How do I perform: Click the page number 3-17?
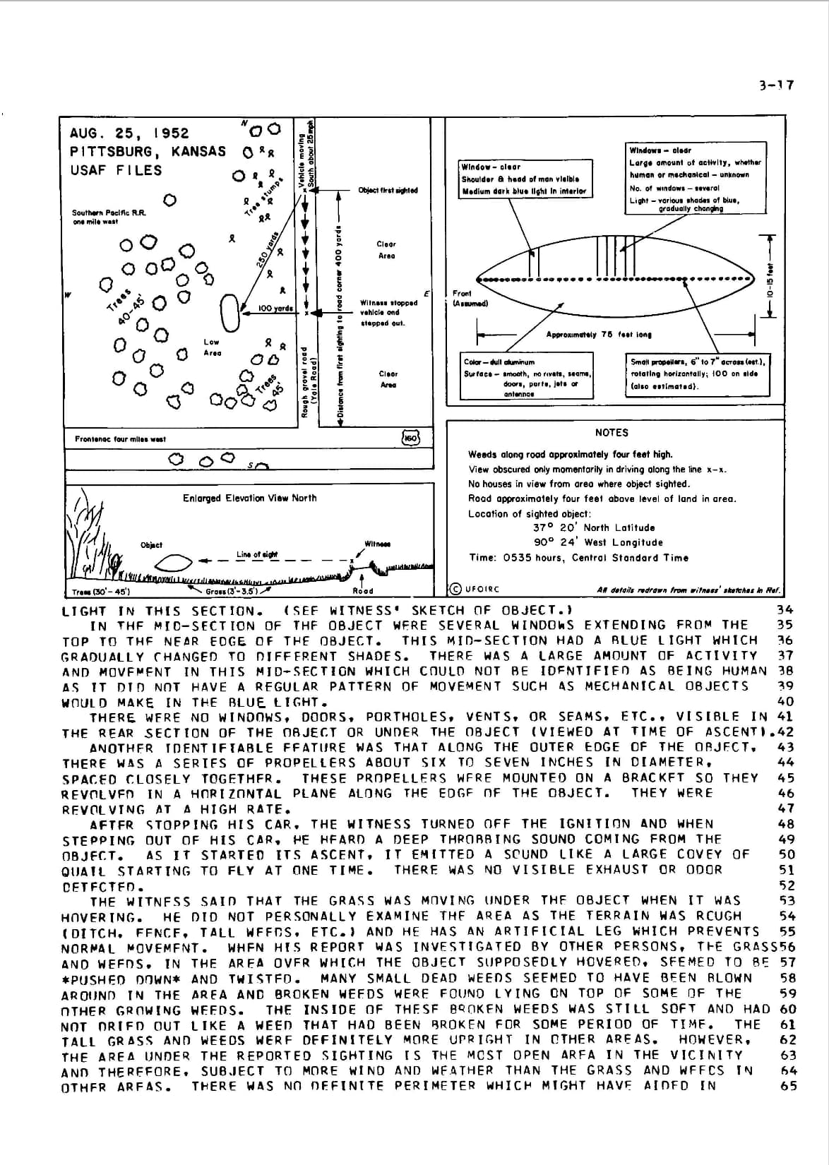point(777,85)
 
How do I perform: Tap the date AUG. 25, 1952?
point(129,133)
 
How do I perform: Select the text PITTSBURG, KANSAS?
point(148,151)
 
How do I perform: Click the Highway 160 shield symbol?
point(410,438)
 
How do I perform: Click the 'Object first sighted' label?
point(388,190)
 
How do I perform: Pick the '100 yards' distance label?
point(275,309)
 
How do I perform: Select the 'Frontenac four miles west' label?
point(120,439)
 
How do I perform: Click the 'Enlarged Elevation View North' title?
point(250,498)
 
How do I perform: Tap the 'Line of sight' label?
point(257,554)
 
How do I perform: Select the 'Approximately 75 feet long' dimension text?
point(599,335)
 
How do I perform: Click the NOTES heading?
point(612,432)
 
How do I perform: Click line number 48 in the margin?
point(786,824)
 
